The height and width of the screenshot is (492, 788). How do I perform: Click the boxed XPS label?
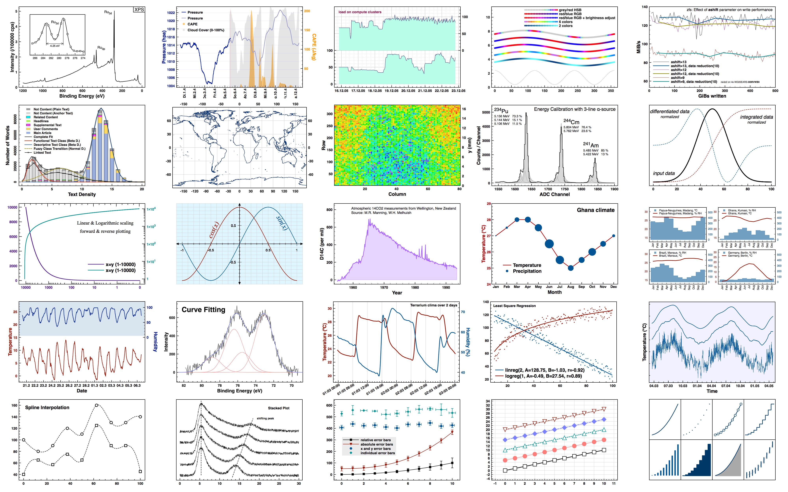[x=139, y=9]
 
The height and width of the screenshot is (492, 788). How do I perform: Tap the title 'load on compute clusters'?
[x=360, y=12]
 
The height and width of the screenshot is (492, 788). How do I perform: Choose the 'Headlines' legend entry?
[x=41, y=121]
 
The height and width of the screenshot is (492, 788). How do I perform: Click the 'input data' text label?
[x=664, y=173]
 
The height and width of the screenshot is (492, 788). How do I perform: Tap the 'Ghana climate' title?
[x=596, y=210]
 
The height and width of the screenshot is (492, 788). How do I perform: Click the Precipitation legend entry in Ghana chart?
[x=527, y=271]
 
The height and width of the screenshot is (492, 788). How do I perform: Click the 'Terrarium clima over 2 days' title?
[x=433, y=305]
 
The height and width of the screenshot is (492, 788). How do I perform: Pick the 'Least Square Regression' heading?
[x=514, y=306]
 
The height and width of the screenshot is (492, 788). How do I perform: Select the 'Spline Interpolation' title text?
[x=47, y=407]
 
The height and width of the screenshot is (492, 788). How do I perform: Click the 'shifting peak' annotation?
[x=265, y=418]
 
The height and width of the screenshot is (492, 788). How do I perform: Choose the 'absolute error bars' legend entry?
[x=376, y=444]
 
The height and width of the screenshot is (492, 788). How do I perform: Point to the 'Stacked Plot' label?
[x=278, y=408]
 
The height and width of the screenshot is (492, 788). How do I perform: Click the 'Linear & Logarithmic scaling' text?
[x=105, y=223]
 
